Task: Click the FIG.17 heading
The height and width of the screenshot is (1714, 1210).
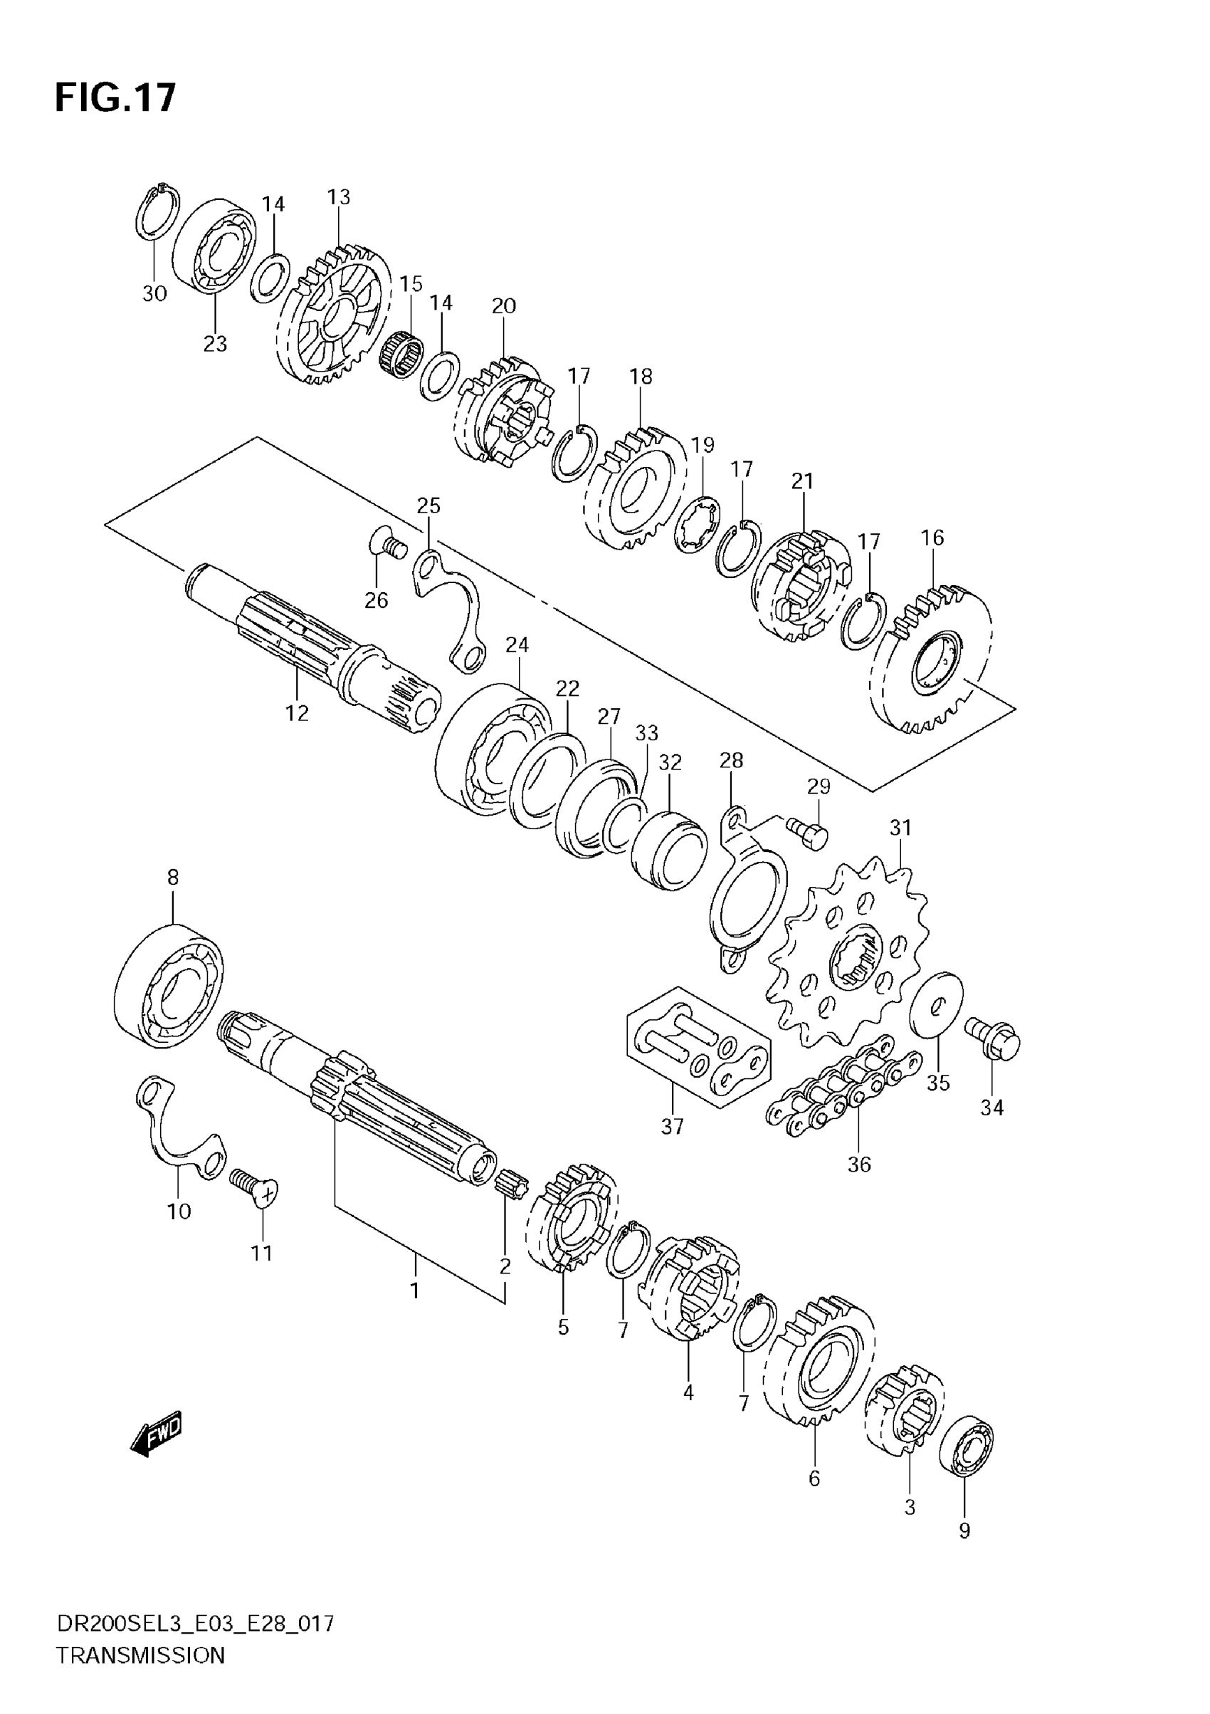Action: pyautogui.click(x=116, y=97)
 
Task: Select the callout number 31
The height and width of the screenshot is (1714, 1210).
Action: pyautogui.click(x=901, y=828)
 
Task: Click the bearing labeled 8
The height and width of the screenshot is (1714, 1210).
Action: pyautogui.click(x=170, y=987)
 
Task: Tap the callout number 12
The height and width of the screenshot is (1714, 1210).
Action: pyautogui.click(x=297, y=714)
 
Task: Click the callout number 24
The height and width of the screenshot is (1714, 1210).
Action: pyautogui.click(x=517, y=644)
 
